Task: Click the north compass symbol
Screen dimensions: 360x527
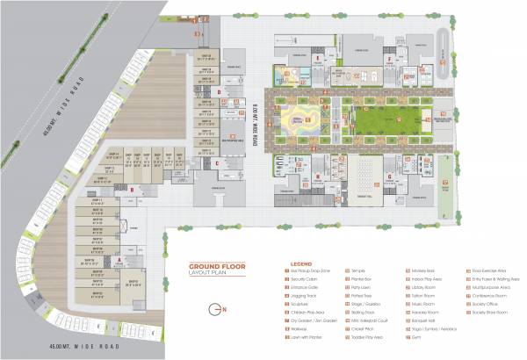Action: point(216,310)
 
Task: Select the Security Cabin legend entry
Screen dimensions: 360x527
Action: point(303,278)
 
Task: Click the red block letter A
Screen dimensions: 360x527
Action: point(119,260)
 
